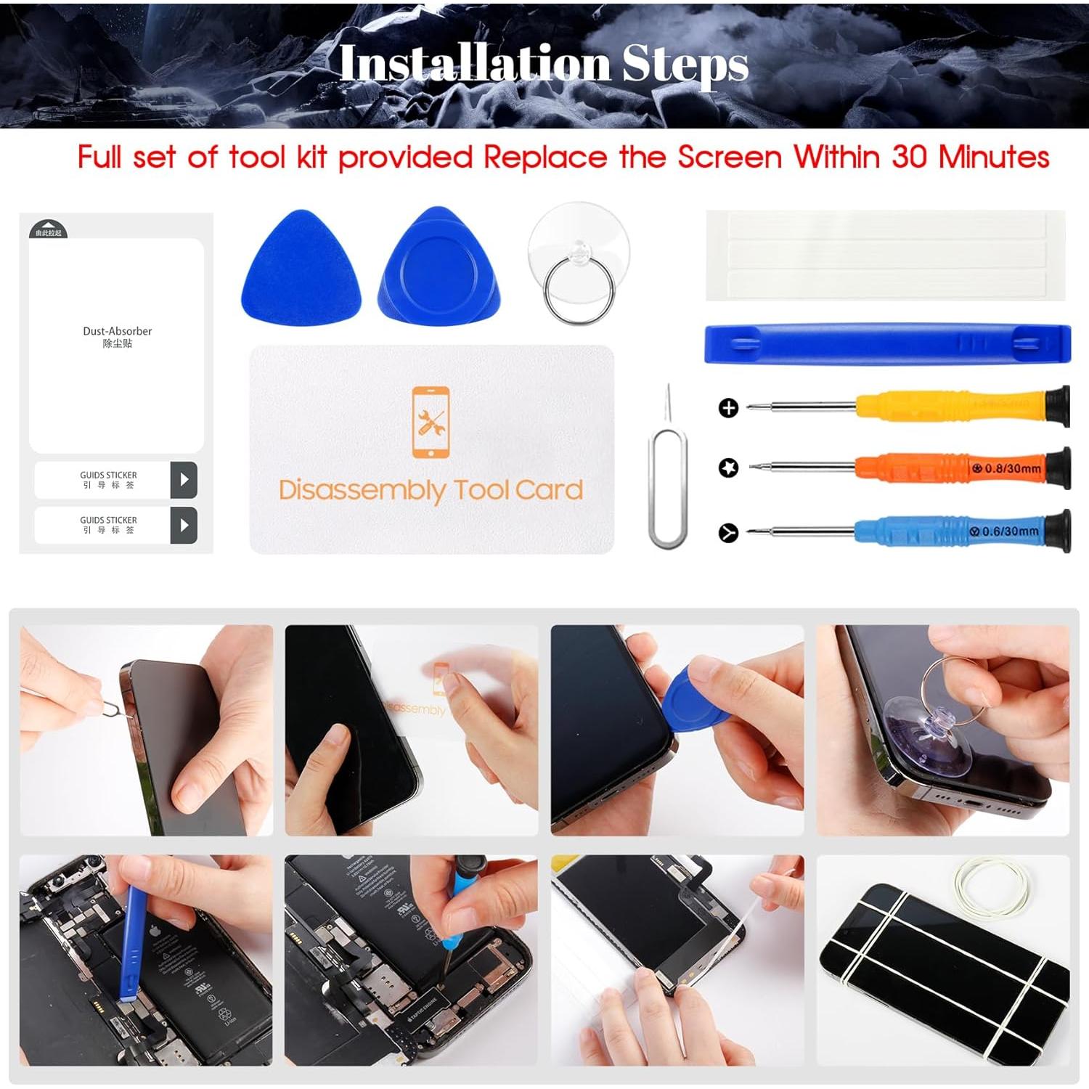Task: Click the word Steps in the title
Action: tap(685, 64)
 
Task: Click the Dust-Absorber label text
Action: tap(117, 331)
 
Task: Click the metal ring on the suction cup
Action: tap(579, 291)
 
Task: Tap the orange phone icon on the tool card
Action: tap(431, 423)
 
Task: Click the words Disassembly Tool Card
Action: tap(431, 490)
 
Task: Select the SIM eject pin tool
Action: tap(667, 479)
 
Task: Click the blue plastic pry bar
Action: tap(887, 344)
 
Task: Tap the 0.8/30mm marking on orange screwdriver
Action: tap(1012, 469)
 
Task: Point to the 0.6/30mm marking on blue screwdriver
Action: tap(1011, 531)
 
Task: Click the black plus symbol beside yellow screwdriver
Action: tap(728, 408)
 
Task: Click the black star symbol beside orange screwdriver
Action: tap(728, 468)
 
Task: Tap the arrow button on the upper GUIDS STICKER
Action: tap(184, 480)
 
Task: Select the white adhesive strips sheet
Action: tap(886, 256)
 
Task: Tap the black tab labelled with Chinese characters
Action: tap(49, 231)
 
